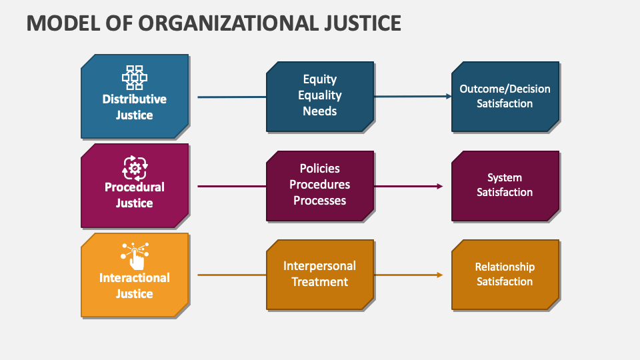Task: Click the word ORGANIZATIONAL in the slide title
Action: [229, 23]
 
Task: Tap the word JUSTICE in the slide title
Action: [363, 23]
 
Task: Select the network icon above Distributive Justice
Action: [134, 77]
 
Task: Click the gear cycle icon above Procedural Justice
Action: [135, 168]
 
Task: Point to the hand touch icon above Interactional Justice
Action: [135, 256]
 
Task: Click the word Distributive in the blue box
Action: [134, 99]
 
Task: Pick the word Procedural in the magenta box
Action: [134, 187]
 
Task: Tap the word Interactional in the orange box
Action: [134, 278]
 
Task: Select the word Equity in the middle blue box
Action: [319, 79]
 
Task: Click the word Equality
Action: [319, 95]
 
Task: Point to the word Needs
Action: [319, 111]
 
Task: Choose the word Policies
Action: [319, 168]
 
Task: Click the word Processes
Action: [319, 201]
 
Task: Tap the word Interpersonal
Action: [319, 266]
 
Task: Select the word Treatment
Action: [319, 281]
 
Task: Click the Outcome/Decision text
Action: [505, 89]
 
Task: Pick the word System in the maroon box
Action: [505, 178]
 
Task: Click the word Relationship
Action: [505, 267]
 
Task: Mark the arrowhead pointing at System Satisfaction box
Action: [440, 186]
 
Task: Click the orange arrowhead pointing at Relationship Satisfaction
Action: [440, 275]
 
